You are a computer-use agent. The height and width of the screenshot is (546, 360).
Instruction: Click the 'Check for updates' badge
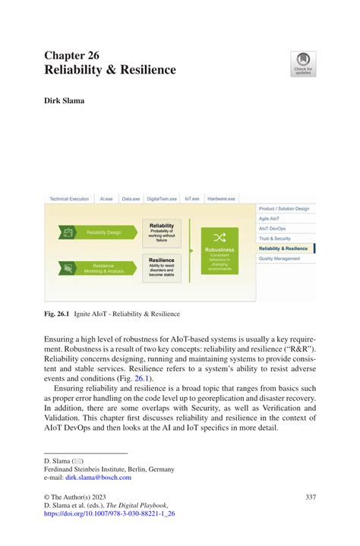point(303,65)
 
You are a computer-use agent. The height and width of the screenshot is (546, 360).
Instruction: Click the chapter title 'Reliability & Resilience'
point(110,70)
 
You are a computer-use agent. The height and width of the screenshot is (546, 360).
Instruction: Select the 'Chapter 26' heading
point(71,55)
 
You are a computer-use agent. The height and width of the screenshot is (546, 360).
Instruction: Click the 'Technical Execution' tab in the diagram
point(69,199)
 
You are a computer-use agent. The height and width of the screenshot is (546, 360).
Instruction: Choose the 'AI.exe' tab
point(106,199)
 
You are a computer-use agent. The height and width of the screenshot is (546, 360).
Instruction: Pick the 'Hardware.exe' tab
point(221,199)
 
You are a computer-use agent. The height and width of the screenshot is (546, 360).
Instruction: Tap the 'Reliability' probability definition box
point(162,232)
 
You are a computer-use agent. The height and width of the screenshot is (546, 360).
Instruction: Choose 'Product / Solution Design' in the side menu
point(284,208)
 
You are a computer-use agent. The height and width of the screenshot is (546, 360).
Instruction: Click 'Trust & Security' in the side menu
point(275,238)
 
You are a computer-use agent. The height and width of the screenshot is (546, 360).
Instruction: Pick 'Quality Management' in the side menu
point(279,258)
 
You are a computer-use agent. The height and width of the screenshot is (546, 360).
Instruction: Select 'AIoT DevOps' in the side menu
point(273,228)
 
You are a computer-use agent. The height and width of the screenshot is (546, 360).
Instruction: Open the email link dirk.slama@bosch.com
point(98,477)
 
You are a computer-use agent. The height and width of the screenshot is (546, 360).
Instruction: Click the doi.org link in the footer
point(110,513)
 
